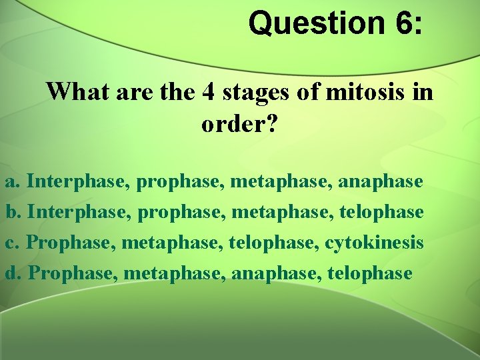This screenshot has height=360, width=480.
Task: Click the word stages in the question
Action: point(256,92)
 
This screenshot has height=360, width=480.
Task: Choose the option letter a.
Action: point(12,181)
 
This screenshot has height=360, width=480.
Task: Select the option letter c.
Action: point(11,243)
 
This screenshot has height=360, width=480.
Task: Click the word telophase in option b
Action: point(381,212)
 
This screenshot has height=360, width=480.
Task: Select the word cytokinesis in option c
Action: point(374,243)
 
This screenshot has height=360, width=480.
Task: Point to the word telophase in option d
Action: point(370,273)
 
